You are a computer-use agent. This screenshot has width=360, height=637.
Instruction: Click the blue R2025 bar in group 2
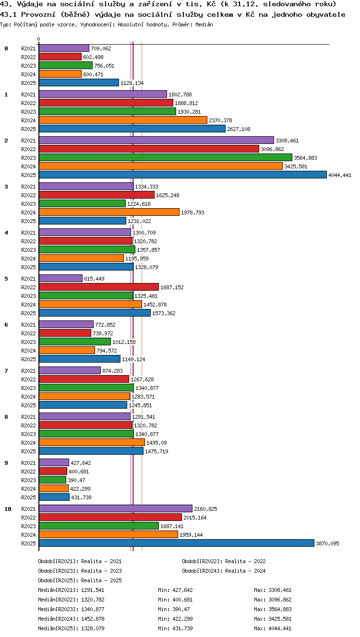(183, 175)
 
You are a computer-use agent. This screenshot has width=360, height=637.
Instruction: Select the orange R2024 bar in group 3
(109, 212)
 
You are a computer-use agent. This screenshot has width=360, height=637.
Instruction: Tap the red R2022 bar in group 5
(99, 287)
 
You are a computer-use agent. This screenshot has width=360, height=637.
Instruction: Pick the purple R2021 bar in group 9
(54, 462)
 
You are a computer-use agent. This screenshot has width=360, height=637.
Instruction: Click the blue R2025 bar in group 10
(177, 543)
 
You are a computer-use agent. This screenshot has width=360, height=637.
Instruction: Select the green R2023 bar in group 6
(75, 341)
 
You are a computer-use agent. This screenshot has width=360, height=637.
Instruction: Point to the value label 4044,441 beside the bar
(340, 175)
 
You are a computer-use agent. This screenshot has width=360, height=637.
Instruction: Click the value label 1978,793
(192, 212)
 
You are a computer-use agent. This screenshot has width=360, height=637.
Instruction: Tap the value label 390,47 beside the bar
(76, 480)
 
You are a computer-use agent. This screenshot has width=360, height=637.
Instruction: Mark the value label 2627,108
(239, 129)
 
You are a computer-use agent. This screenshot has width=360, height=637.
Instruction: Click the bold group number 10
(8, 509)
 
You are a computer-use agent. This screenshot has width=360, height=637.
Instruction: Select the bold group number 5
(6, 279)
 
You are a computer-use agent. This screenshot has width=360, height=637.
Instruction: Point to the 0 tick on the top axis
(39, 39)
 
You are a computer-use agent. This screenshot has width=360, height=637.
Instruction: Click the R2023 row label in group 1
(28, 112)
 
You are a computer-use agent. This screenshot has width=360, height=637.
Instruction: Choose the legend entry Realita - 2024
(245, 571)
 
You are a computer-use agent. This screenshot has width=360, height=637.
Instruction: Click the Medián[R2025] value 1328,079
(93, 628)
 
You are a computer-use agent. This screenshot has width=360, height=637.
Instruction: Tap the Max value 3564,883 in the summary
(280, 609)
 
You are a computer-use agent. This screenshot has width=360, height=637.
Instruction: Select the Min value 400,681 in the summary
(182, 600)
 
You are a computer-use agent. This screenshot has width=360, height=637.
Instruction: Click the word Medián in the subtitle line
(204, 24)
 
